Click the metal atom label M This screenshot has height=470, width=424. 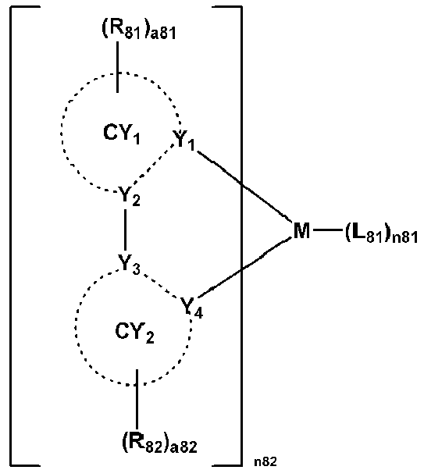coord(301,230)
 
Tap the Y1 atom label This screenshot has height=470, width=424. coord(184,140)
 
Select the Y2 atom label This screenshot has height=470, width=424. coord(129,196)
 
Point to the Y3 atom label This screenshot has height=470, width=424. coord(129,264)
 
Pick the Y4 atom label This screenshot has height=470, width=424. coord(192,307)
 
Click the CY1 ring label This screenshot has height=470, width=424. coord(122,134)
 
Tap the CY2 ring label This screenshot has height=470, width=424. coord(134,333)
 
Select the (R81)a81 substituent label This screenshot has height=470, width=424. coord(139,30)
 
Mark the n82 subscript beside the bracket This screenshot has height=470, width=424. coord(265,461)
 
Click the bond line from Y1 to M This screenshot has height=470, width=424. coord(244,187)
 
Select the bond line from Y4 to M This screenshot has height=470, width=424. coord(244,268)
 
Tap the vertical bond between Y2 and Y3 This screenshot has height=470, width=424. coord(125,230)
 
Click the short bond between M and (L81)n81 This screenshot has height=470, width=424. coord(327,230)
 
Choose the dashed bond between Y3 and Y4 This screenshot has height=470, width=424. coord(159,286)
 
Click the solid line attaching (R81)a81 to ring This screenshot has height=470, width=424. coord(117,67)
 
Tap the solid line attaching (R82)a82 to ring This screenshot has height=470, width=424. coord(137,400)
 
